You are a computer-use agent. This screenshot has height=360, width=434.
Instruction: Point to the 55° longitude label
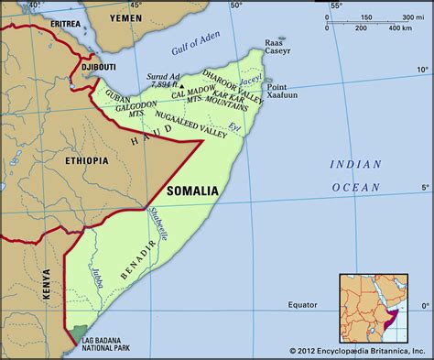(334, 6)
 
